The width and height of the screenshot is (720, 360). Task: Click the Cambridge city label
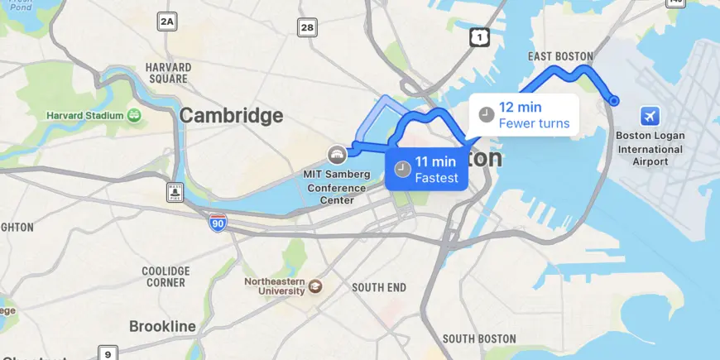231,116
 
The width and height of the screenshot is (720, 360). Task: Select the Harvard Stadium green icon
133,115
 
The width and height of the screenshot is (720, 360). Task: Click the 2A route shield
167,22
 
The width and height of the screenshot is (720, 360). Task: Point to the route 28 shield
307,28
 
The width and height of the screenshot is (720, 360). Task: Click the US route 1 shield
479,36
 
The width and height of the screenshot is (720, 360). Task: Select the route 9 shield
108,354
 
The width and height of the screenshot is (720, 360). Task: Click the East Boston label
560,56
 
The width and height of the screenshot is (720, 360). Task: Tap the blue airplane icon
650,115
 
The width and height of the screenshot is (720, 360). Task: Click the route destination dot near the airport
614,101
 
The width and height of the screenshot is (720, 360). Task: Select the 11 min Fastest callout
426,170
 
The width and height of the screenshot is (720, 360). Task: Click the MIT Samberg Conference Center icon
337,154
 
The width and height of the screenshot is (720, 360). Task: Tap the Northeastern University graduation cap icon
315,286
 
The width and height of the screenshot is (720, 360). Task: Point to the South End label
378,287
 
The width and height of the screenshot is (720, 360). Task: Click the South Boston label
479,338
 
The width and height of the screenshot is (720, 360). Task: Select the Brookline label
162,326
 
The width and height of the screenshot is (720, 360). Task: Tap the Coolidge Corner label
166,276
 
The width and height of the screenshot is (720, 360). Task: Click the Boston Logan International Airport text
650,149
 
